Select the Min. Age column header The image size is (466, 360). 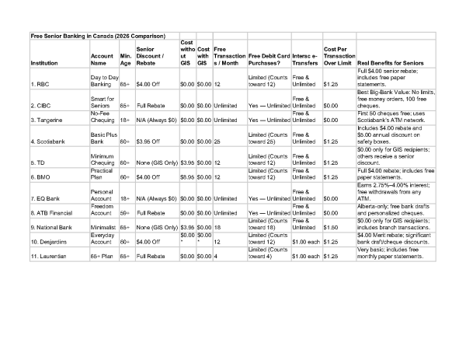[x=125, y=59]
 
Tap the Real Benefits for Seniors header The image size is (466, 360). [x=392, y=63]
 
